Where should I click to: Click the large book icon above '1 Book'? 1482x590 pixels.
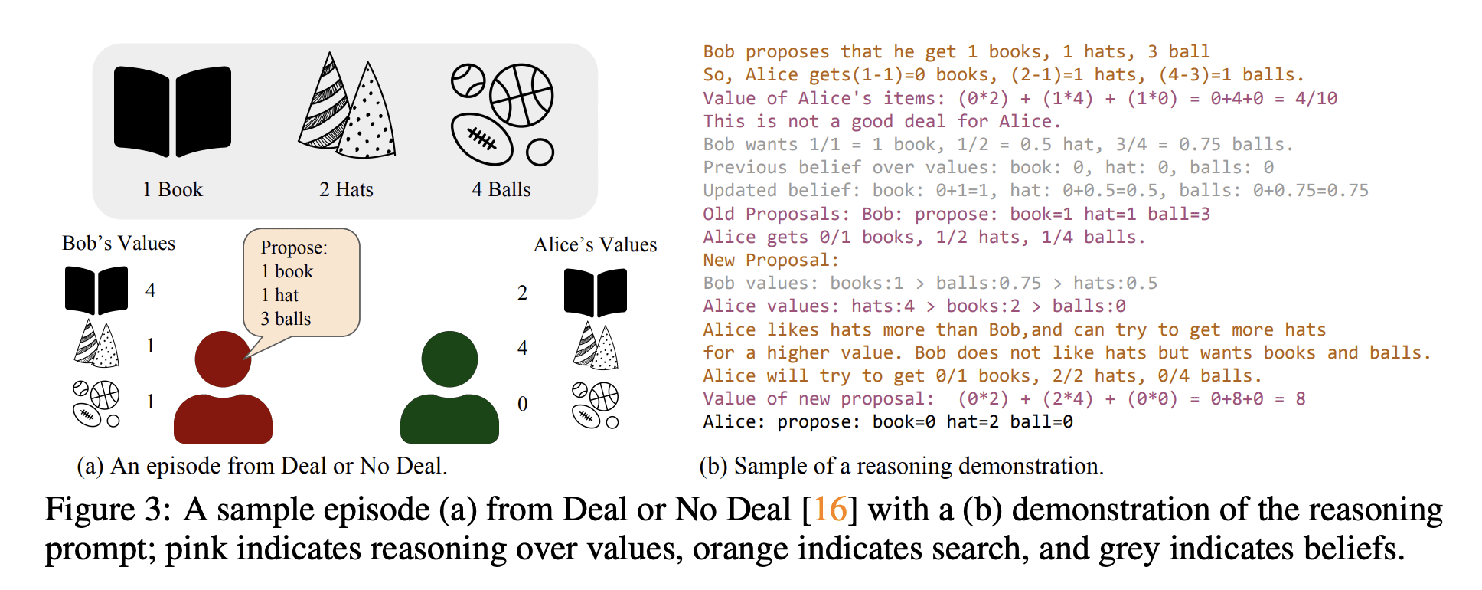pyautogui.click(x=172, y=112)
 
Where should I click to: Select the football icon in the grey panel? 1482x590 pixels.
pyautogui.click(x=481, y=139)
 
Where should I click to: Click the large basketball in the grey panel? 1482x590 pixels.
pyautogui.click(x=521, y=95)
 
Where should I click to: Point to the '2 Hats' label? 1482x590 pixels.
pyautogui.click(x=346, y=189)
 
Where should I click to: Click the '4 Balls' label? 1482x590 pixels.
pyautogui.click(x=501, y=189)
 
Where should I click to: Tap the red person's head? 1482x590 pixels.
pyautogui.click(x=223, y=359)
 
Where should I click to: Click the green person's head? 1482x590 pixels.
pyautogui.click(x=449, y=359)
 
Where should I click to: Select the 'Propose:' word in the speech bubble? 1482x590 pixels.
pyautogui.click(x=294, y=247)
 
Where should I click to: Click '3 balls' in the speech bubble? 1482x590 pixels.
pyautogui.click(x=286, y=319)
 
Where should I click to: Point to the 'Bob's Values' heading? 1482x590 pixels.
pyautogui.click(x=119, y=243)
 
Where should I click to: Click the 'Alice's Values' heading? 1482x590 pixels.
pyautogui.click(x=595, y=244)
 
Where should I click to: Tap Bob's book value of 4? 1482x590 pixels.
pyautogui.click(x=150, y=290)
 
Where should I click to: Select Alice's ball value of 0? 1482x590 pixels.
pyautogui.click(x=522, y=404)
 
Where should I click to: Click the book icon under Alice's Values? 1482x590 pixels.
pyautogui.click(x=595, y=292)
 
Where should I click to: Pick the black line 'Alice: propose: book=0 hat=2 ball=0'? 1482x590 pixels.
pyautogui.click(x=888, y=422)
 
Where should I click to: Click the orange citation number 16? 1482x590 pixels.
pyautogui.click(x=829, y=510)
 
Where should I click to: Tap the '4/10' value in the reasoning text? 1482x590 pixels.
pyautogui.click(x=1316, y=98)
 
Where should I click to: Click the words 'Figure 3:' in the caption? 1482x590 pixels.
pyautogui.click(x=107, y=510)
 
